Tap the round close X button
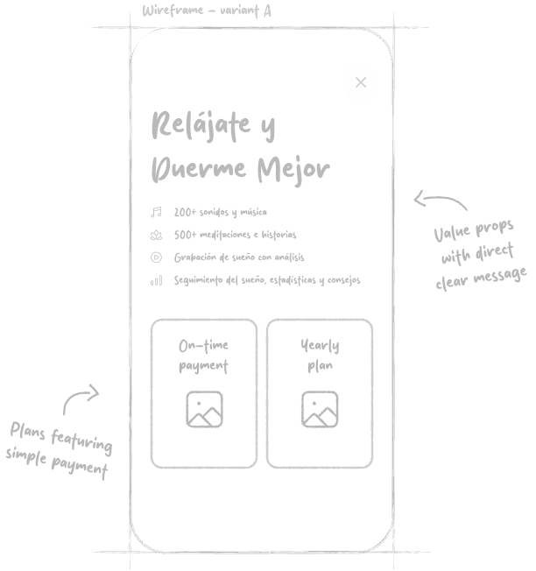click(361, 83)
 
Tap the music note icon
click(156, 212)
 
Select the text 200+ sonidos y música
click(220, 212)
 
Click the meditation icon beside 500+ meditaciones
click(156, 235)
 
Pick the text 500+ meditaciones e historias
click(235, 235)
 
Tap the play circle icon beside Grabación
click(156, 257)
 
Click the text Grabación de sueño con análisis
click(238, 257)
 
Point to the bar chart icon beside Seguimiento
click(156, 280)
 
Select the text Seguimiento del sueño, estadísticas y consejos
click(266, 280)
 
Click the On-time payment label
click(203, 356)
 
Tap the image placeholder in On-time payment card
click(204, 409)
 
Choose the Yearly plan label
click(320, 356)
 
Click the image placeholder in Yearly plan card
click(320, 409)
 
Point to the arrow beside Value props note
click(440, 203)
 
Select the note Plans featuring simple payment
click(60, 450)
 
